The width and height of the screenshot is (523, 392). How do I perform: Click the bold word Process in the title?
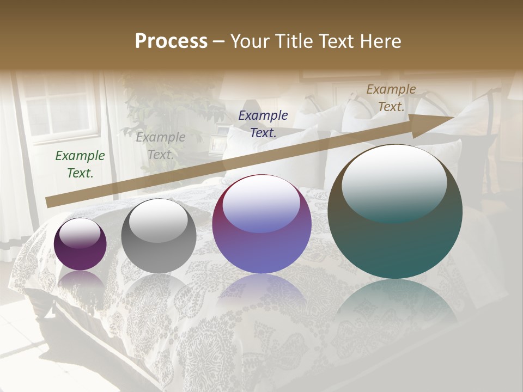[171, 41]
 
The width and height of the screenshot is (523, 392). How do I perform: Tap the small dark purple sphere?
[80, 244]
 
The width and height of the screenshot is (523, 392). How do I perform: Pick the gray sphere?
[159, 236]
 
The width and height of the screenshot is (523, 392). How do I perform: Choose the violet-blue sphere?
[262, 224]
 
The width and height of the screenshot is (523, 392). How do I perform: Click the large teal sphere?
[395, 212]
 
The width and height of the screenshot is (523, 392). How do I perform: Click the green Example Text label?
[80, 164]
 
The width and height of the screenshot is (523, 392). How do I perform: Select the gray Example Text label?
[161, 146]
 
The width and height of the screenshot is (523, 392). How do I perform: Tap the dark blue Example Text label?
[263, 124]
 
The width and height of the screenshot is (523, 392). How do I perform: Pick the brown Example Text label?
[391, 98]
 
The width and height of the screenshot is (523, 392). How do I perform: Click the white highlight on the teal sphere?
[394, 182]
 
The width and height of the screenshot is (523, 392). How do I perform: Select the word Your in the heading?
[251, 41]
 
